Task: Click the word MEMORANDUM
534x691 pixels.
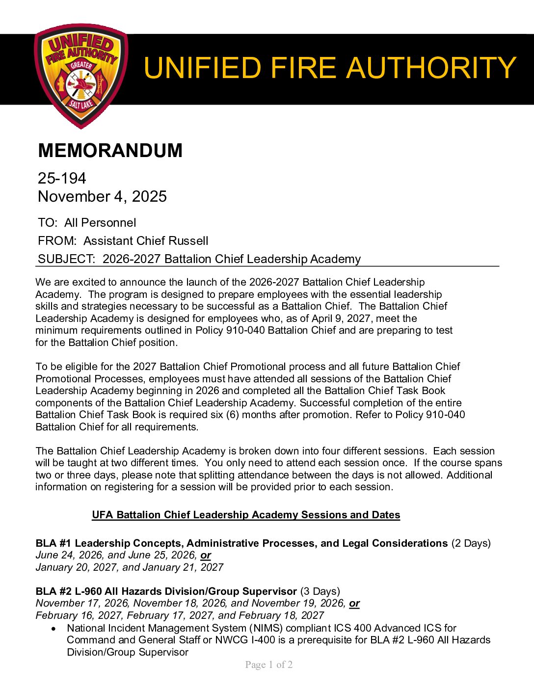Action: pos(110,151)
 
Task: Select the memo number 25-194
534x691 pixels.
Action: pos(62,178)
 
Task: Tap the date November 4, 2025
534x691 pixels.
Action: pos(102,196)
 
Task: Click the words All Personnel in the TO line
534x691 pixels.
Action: pos(100,223)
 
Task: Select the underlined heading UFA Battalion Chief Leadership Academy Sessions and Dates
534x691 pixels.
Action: pos(246,515)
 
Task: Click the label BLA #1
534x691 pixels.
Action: pos(53,543)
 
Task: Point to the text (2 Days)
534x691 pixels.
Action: pos(471,543)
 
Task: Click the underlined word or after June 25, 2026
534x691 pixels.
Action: pos(206,556)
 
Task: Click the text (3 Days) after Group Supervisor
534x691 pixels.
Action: pos(320,591)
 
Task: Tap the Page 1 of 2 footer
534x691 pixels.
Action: pos(269,665)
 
